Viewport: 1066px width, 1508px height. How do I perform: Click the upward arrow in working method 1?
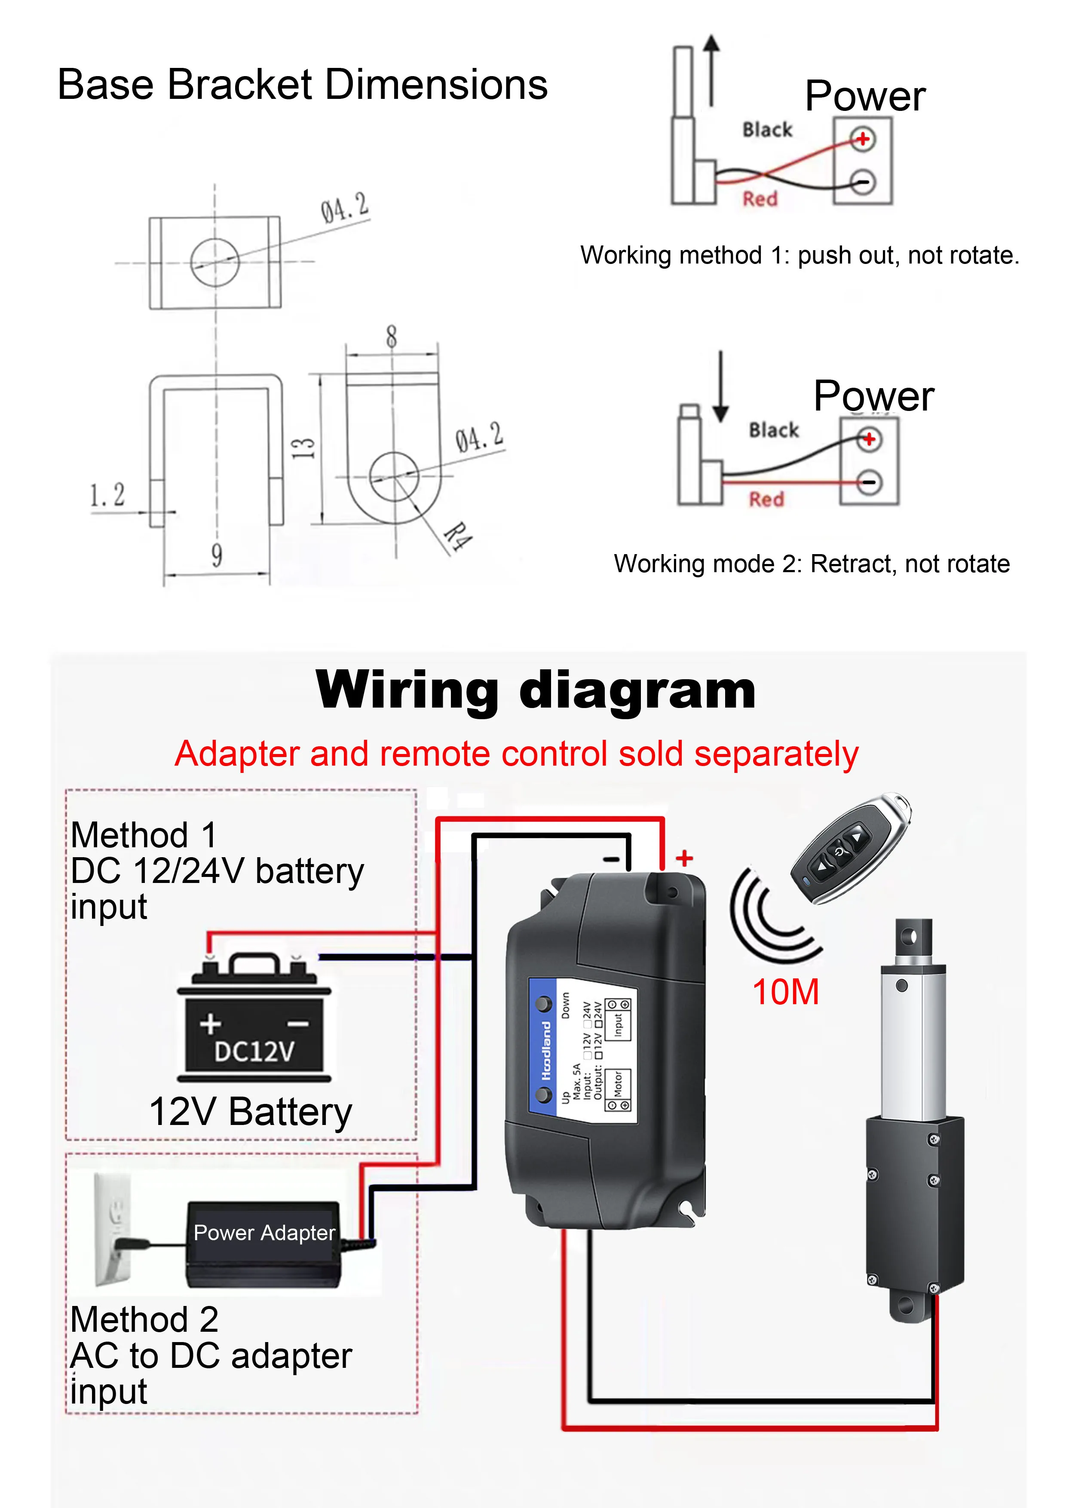(x=711, y=69)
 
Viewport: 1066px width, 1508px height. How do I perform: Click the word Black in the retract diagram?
(x=774, y=430)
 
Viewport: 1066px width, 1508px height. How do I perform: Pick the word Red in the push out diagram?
(x=760, y=198)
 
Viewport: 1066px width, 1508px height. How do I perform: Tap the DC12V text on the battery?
(x=254, y=1051)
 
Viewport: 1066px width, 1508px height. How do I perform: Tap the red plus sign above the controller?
(x=684, y=858)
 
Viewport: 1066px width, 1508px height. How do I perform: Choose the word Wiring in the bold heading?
(x=407, y=690)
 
